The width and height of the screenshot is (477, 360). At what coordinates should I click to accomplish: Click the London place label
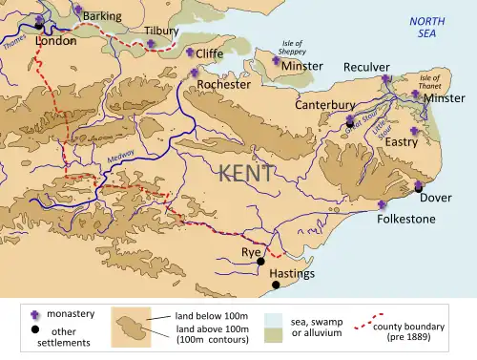[54, 42]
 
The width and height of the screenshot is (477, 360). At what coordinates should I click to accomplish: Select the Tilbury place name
[161, 31]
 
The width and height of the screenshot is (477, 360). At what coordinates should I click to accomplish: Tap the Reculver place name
[367, 68]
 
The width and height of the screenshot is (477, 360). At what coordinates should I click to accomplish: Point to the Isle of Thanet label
[434, 80]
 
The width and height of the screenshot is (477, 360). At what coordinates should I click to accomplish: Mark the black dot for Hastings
[276, 285]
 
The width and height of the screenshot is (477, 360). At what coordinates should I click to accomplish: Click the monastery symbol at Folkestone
[383, 205]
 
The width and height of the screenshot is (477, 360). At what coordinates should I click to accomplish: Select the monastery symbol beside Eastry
[414, 131]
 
